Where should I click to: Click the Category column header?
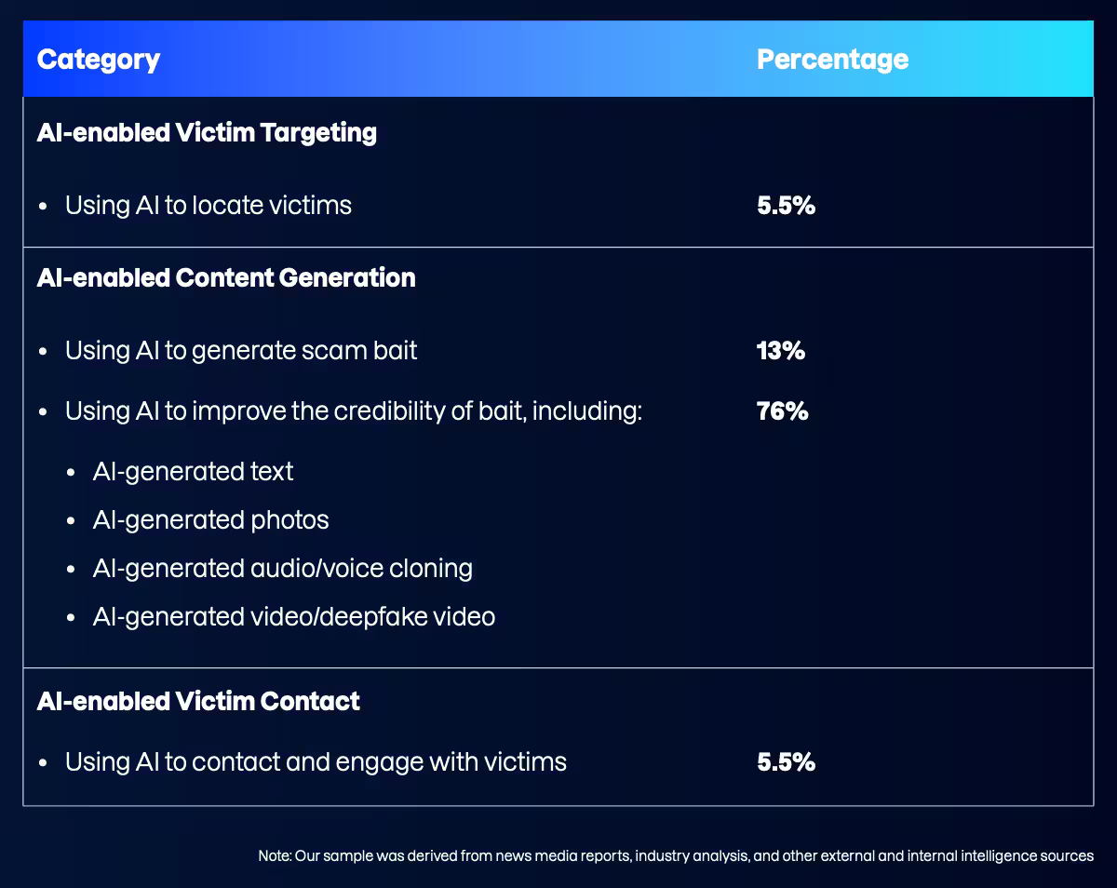98,60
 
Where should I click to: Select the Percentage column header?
832,60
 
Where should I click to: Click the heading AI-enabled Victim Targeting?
207,132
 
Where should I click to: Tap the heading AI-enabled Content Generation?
226,277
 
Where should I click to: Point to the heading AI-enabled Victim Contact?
198,701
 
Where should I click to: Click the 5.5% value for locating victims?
786,206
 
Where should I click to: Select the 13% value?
780,351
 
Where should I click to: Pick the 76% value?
782,410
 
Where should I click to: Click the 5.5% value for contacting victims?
786,762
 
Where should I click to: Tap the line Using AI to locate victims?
209,206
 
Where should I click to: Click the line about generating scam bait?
241,351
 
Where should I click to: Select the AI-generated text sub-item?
193,472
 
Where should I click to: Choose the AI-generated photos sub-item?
210,520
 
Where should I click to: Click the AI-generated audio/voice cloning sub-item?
282,569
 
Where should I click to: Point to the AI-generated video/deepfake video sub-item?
293,617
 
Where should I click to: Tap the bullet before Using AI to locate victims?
43,207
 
